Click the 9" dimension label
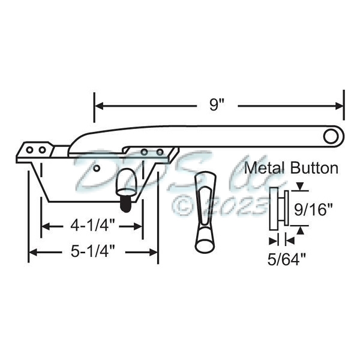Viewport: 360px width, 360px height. coord(217,105)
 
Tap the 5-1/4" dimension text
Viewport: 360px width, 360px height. coord(93,253)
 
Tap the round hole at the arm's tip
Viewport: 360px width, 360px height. coord(330,136)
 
